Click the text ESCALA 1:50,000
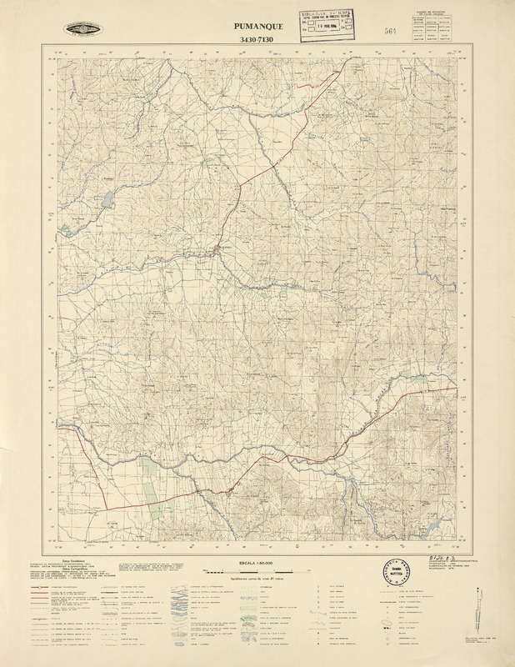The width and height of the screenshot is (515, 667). [258, 564]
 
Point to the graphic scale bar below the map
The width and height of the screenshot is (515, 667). [257, 573]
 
